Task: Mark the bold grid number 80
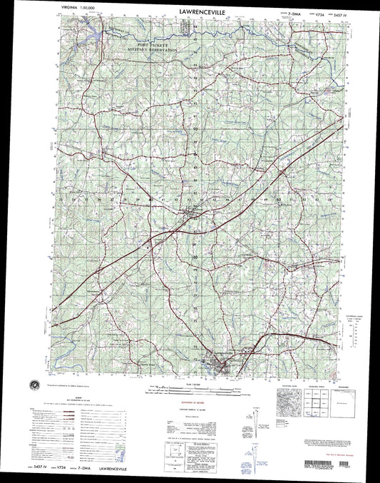pyautogui.click(x=195, y=254)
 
